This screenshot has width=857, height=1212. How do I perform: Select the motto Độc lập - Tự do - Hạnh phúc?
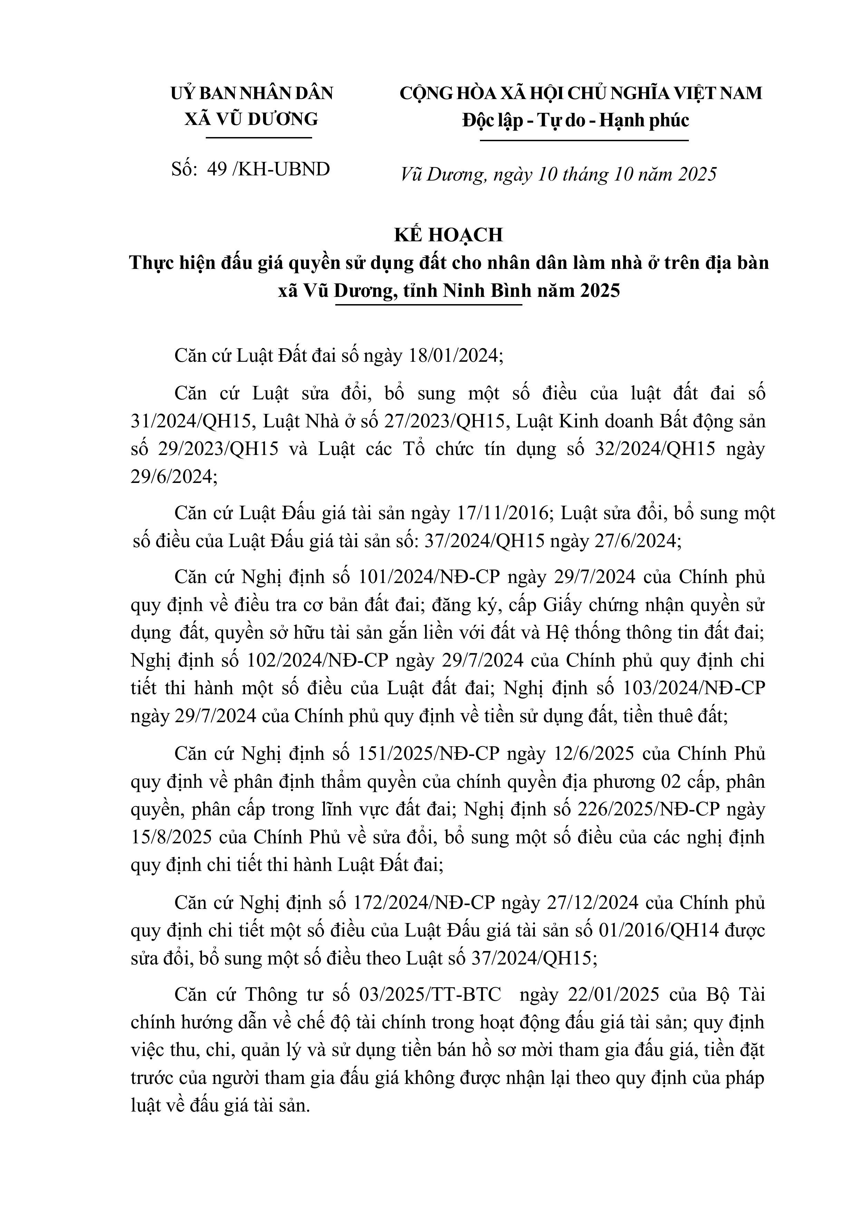[x=576, y=121]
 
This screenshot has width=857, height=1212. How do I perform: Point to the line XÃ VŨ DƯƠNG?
[x=252, y=119]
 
